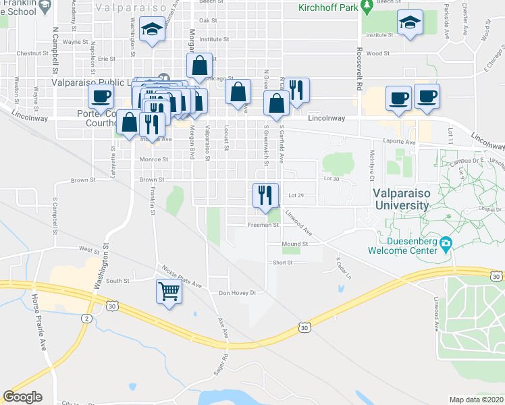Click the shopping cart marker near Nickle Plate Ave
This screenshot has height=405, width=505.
[x=169, y=292]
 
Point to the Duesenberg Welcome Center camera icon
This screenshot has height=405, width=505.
[x=445, y=243]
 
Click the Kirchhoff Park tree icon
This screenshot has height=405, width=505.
[x=367, y=7]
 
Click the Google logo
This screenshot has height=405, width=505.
[x=22, y=396]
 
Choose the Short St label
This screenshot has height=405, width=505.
[x=282, y=263]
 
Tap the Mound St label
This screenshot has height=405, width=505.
[x=295, y=244]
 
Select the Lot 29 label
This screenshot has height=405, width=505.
[x=297, y=195]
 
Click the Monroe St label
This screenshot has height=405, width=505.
[x=154, y=160]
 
